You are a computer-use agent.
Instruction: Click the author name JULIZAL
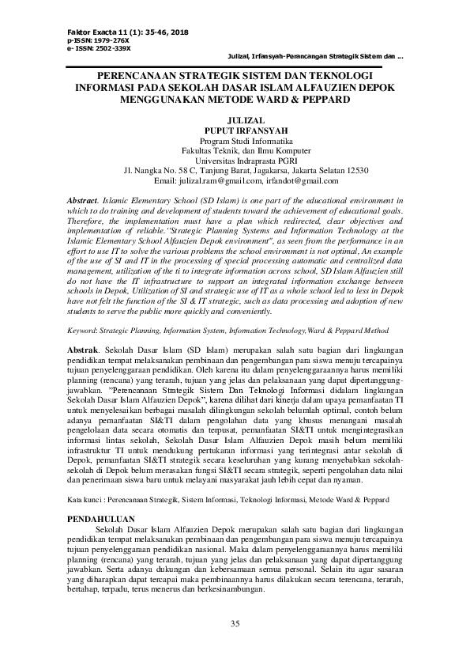tap(235, 121)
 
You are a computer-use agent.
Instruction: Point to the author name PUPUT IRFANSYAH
tap(235, 131)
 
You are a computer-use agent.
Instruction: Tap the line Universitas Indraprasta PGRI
tap(235, 160)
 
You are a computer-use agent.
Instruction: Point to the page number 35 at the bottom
tap(235, 625)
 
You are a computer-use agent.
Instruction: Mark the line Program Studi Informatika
tap(235, 141)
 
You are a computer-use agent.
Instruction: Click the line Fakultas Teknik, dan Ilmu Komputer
tap(235, 150)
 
